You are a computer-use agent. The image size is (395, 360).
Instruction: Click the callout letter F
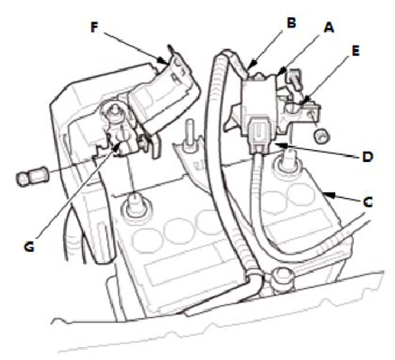(94, 27)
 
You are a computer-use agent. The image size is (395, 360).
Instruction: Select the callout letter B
(291, 22)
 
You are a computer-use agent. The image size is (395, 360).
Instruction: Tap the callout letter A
(329, 27)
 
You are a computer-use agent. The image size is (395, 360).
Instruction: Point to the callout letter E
(355, 51)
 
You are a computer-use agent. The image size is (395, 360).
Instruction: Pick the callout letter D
(368, 156)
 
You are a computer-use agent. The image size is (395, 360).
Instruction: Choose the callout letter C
(368, 202)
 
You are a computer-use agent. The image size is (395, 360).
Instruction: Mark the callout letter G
(29, 246)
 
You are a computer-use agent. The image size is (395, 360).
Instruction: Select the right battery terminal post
(287, 162)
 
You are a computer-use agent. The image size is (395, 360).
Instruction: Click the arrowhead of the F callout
(164, 61)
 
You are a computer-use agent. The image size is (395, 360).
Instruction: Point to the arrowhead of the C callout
(329, 195)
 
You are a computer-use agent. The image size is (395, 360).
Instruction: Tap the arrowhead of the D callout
(280, 145)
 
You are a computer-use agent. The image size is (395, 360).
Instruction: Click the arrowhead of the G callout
(117, 147)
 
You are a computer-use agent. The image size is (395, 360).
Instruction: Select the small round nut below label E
(322, 135)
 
